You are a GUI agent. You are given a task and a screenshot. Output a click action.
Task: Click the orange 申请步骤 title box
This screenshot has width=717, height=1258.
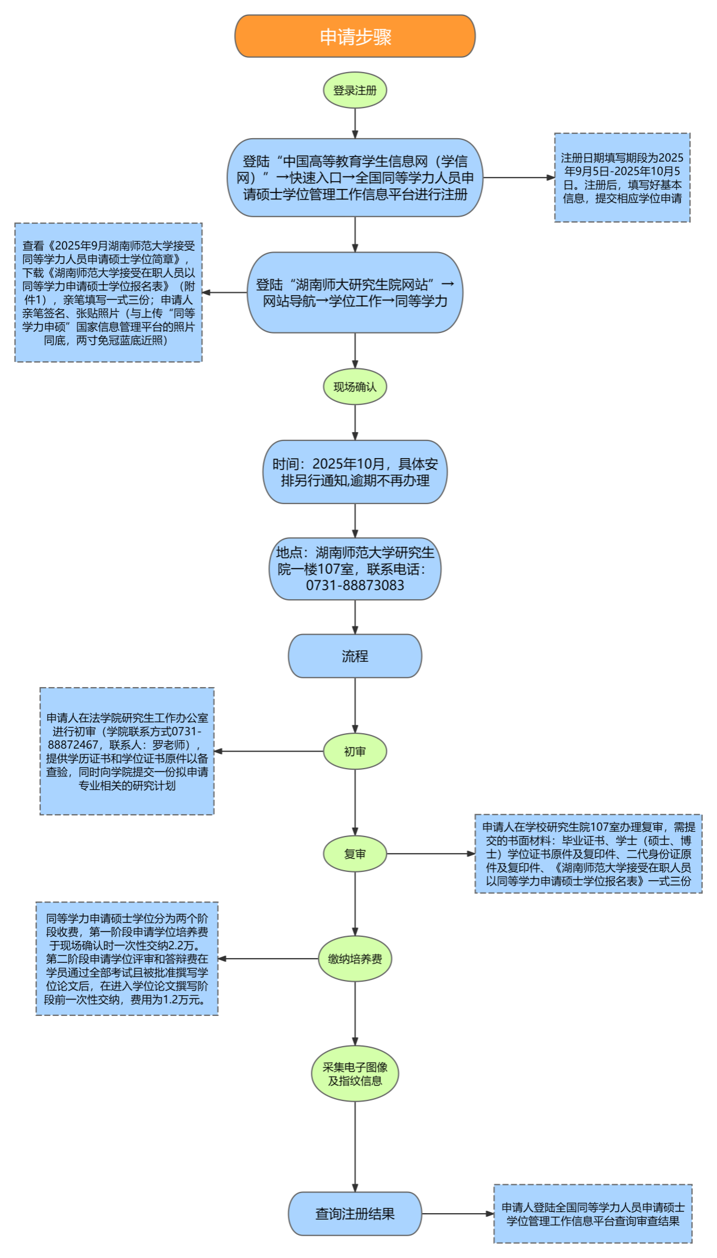click(355, 37)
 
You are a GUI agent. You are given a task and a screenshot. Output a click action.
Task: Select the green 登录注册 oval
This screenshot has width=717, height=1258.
click(355, 90)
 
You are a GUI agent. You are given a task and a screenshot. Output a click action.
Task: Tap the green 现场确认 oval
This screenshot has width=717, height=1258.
click(355, 387)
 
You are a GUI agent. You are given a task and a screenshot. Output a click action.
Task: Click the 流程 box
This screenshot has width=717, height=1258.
click(355, 656)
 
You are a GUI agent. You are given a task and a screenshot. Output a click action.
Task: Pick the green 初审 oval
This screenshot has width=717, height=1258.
click(355, 751)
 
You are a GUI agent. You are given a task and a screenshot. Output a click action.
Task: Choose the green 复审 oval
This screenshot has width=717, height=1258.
click(355, 854)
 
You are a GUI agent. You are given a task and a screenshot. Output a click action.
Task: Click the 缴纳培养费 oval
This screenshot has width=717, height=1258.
click(355, 959)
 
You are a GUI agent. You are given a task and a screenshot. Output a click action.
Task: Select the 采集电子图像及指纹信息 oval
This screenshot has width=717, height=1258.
click(355, 1074)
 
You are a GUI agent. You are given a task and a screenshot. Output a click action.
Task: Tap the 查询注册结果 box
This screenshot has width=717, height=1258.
click(355, 1214)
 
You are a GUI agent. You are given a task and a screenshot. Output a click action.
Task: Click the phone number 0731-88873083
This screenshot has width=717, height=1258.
click(355, 586)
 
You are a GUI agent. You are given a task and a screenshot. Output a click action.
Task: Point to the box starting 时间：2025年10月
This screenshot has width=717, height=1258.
click(355, 472)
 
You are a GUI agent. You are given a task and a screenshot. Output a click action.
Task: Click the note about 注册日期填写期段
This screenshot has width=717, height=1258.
click(622, 178)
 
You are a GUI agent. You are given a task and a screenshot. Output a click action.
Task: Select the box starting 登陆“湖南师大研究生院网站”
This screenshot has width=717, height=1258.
click(355, 293)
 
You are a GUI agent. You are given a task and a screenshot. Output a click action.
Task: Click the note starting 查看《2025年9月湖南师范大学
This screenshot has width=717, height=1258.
click(109, 292)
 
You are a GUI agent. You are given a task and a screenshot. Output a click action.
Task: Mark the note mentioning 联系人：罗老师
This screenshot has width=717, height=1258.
click(127, 751)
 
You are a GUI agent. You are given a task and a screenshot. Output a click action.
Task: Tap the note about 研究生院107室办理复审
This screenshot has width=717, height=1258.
click(588, 854)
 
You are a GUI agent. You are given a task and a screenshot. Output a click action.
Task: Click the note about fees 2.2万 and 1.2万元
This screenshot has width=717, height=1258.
click(127, 959)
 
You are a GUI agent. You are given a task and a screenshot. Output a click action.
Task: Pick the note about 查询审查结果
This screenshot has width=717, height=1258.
click(593, 1214)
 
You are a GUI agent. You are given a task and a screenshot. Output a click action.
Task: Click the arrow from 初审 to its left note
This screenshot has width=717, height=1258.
click(269, 751)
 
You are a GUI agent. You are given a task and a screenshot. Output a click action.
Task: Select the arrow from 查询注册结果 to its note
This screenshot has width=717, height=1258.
click(458, 1214)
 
